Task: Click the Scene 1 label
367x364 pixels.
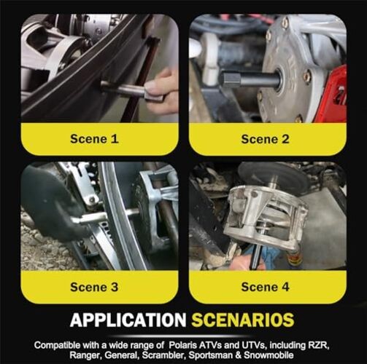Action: tap(94, 139)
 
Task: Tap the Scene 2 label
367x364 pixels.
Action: tap(265, 139)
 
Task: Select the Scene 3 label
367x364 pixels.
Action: tap(94, 287)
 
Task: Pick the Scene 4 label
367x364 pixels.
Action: tap(265, 287)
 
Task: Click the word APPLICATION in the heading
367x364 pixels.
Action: tap(128, 320)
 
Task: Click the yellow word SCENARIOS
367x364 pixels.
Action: tap(243, 320)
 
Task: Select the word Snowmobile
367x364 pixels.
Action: tap(269, 355)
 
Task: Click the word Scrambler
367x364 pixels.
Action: tap(164, 355)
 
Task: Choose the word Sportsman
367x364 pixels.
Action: tap(211, 355)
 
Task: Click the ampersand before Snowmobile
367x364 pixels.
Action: tap(239, 355)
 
